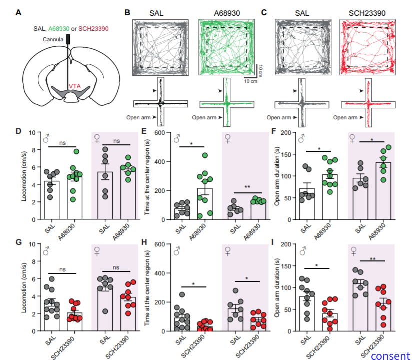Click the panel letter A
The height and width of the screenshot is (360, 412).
tap(19, 13)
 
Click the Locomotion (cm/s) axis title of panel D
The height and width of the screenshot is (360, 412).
tap(25, 176)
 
